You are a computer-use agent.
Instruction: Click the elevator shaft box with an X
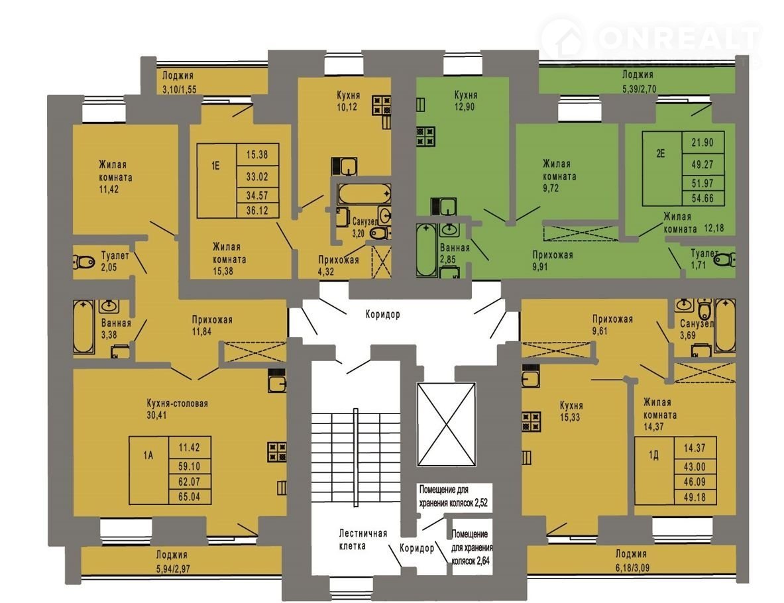pyautogui.click(x=446, y=424)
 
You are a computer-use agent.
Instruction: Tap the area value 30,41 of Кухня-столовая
pyautogui.click(x=156, y=415)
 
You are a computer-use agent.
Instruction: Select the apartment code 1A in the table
pyautogui.click(x=148, y=455)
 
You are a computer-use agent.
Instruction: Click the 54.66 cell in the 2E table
pyautogui.click(x=702, y=198)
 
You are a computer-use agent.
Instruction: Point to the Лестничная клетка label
pyautogui.click(x=363, y=539)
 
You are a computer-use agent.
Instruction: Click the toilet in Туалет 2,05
pyautogui.click(x=84, y=262)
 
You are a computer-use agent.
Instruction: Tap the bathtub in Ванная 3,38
pyautogui.click(x=84, y=327)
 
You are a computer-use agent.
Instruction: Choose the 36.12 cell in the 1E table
pyautogui.click(x=257, y=211)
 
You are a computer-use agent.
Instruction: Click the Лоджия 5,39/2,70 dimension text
pyautogui.click(x=638, y=89)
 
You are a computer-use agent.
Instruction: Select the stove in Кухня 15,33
pyautogui.click(x=531, y=421)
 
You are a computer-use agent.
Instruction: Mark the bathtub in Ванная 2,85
pyautogui.click(x=426, y=250)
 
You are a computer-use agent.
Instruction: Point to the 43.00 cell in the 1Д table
pyautogui.click(x=695, y=466)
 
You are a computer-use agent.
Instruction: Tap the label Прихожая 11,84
pyautogui.click(x=212, y=325)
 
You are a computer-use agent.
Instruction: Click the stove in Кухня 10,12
pyautogui.click(x=381, y=105)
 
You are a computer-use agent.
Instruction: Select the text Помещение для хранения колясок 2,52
pyautogui.click(x=453, y=496)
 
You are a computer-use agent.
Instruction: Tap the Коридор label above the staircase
pyautogui.click(x=382, y=315)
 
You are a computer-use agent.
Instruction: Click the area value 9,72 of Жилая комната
pyautogui.click(x=551, y=188)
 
